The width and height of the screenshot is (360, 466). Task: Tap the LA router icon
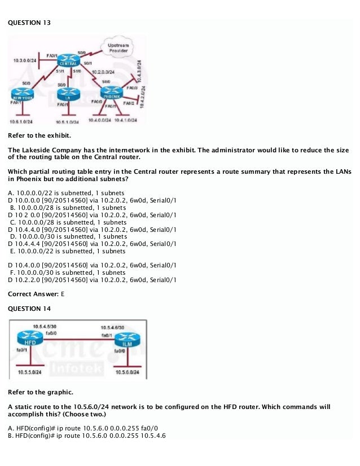pos(67,94)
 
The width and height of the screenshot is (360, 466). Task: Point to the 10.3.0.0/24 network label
pos(23,59)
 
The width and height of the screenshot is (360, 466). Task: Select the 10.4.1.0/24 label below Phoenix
pos(126,120)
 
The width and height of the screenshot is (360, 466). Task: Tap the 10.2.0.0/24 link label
pos(103,72)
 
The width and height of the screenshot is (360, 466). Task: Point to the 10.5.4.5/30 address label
pos(45,327)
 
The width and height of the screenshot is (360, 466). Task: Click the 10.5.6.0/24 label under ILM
pos(126,372)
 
